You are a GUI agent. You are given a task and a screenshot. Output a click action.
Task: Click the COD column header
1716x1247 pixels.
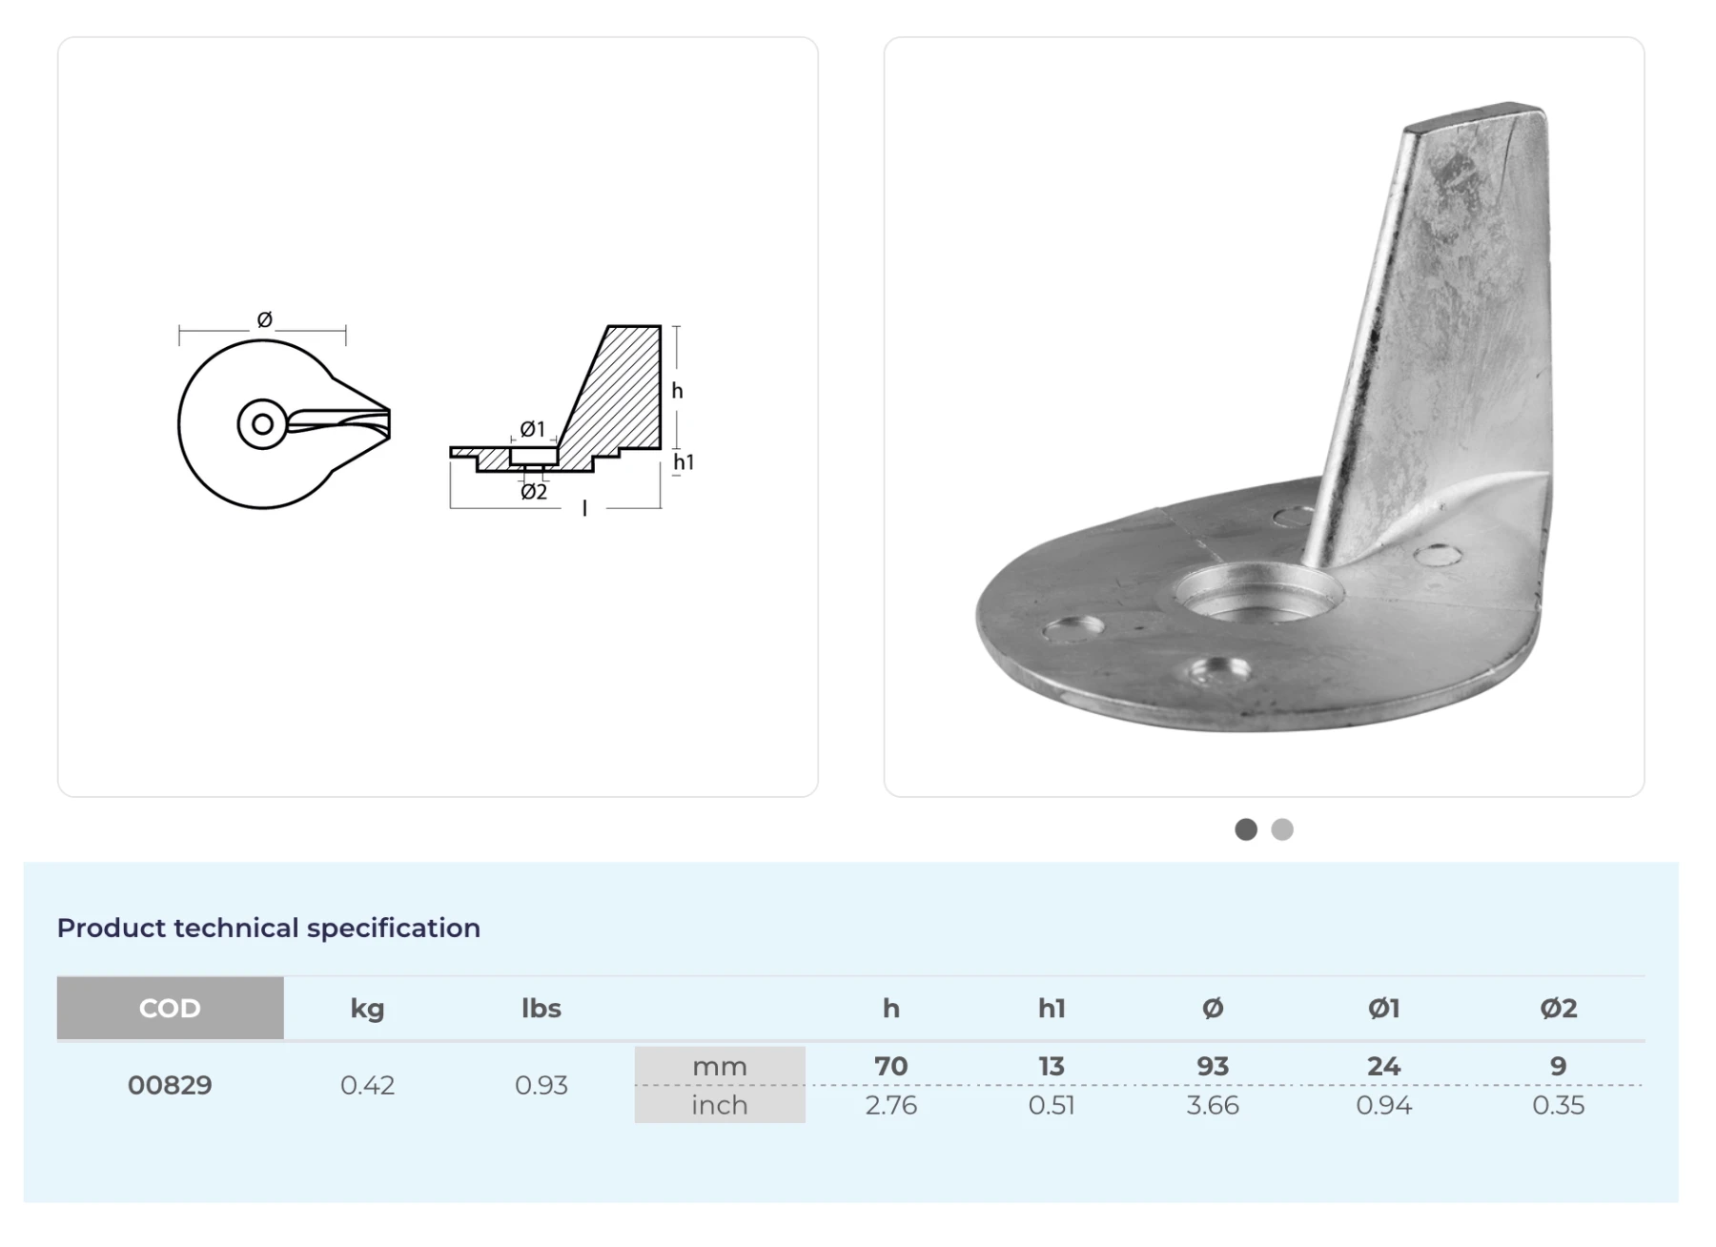(170, 1008)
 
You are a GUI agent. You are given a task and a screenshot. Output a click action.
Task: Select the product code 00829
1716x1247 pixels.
(170, 1085)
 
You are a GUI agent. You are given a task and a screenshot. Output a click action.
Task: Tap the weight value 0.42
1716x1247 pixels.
(367, 1085)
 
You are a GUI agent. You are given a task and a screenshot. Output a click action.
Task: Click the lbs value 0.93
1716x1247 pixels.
(541, 1085)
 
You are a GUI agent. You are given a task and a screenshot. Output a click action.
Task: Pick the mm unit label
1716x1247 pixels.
(720, 1066)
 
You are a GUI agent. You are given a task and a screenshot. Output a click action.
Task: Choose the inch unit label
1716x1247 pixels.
(720, 1105)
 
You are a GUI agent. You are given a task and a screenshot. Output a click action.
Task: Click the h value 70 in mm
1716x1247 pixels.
(891, 1066)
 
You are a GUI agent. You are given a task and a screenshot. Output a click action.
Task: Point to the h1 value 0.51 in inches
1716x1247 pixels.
(1052, 1105)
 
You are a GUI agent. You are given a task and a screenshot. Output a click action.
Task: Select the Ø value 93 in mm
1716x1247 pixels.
(1213, 1066)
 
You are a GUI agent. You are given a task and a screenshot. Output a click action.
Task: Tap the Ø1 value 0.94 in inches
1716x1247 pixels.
(1383, 1105)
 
